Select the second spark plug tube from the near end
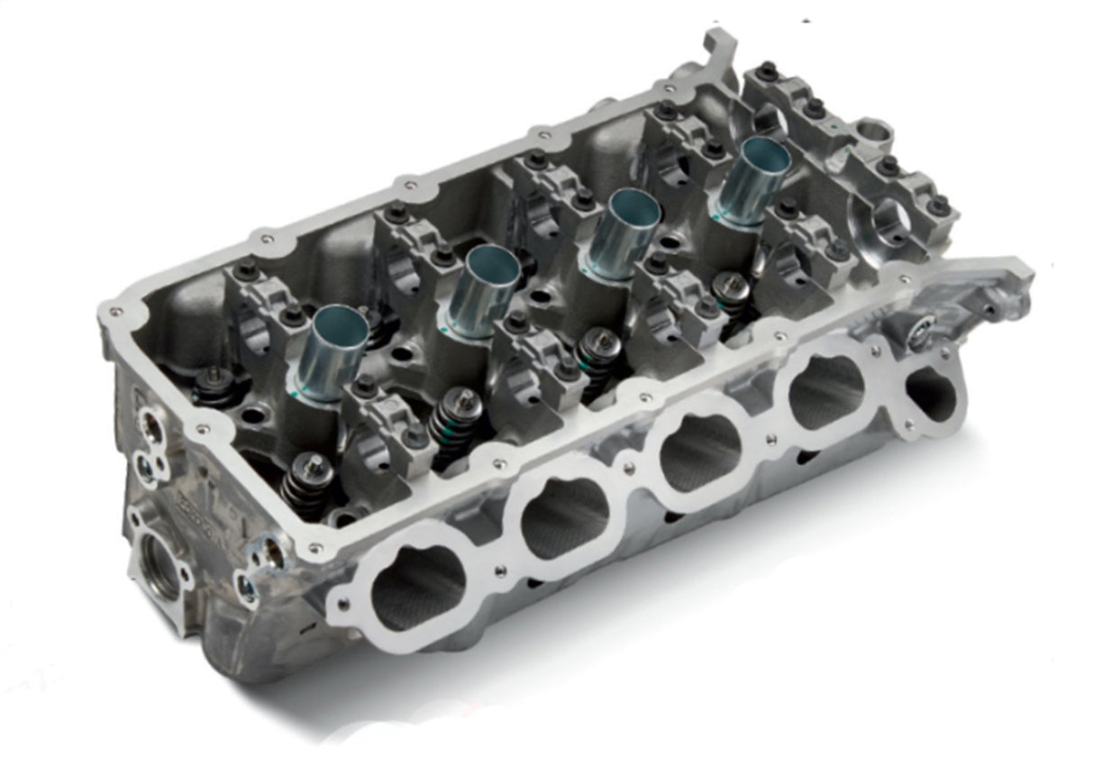(484, 290)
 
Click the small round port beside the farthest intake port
(928, 392)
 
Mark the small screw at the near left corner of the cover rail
(114, 313)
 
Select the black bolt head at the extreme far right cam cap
(938, 205)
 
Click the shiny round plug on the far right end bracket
(919, 335)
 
